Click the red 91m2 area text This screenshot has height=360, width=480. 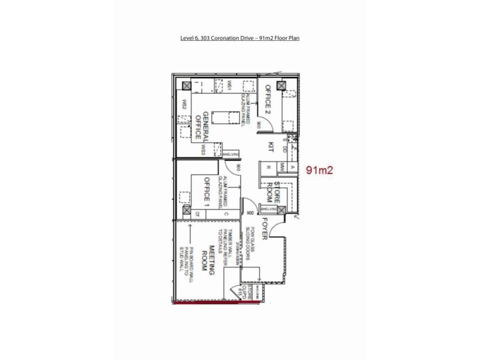pos(319,170)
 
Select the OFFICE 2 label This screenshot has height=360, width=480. pos(268,98)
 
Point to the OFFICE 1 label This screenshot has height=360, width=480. pos(206,193)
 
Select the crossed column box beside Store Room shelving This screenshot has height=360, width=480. pos(280,209)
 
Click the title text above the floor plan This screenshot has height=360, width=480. pos(240,38)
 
